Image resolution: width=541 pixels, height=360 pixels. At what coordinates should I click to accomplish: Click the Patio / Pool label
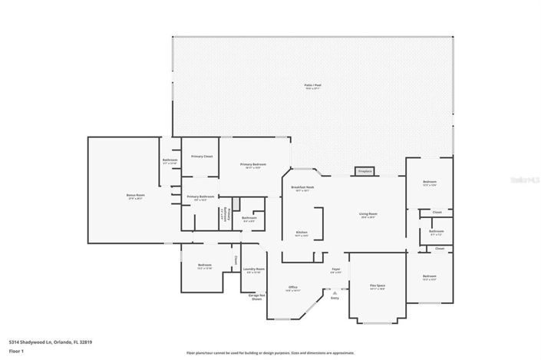[x=312, y=85]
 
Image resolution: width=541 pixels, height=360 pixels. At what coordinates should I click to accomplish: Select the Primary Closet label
[x=202, y=156]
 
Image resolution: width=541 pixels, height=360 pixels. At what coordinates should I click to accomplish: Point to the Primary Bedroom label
[x=253, y=164]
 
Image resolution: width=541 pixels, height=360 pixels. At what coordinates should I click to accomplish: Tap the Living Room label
[x=368, y=214]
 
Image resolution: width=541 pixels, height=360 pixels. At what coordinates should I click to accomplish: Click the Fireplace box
[x=365, y=170]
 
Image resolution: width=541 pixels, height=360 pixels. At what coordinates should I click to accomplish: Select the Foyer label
[x=335, y=269]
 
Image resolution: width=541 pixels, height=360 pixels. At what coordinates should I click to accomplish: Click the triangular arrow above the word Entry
[x=335, y=292]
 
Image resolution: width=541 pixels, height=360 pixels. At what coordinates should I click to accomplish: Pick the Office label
[x=292, y=287]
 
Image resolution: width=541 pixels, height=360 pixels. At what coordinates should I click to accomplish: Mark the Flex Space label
[x=377, y=286]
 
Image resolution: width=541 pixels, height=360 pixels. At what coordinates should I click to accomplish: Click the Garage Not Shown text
[x=256, y=296]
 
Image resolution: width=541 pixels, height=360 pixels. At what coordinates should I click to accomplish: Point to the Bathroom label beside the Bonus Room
[x=170, y=160]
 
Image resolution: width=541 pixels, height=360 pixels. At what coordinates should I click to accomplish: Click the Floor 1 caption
[x=16, y=351]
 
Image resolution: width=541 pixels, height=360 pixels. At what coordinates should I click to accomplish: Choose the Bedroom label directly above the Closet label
[x=429, y=183]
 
